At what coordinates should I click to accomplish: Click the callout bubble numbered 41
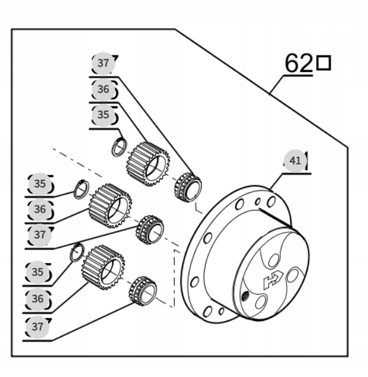click(295, 161)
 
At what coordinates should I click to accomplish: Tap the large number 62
click(298, 63)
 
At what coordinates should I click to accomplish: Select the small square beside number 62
click(324, 63)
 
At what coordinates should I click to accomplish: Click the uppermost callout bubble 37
click(103, 63)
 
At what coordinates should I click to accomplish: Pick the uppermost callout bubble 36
click(103, 89)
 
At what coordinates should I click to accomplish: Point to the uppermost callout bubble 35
click(103, 114)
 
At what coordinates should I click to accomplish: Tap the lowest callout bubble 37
click(37, 327)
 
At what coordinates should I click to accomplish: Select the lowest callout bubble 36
click(37, 299)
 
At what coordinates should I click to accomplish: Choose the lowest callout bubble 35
click(37, 272)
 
